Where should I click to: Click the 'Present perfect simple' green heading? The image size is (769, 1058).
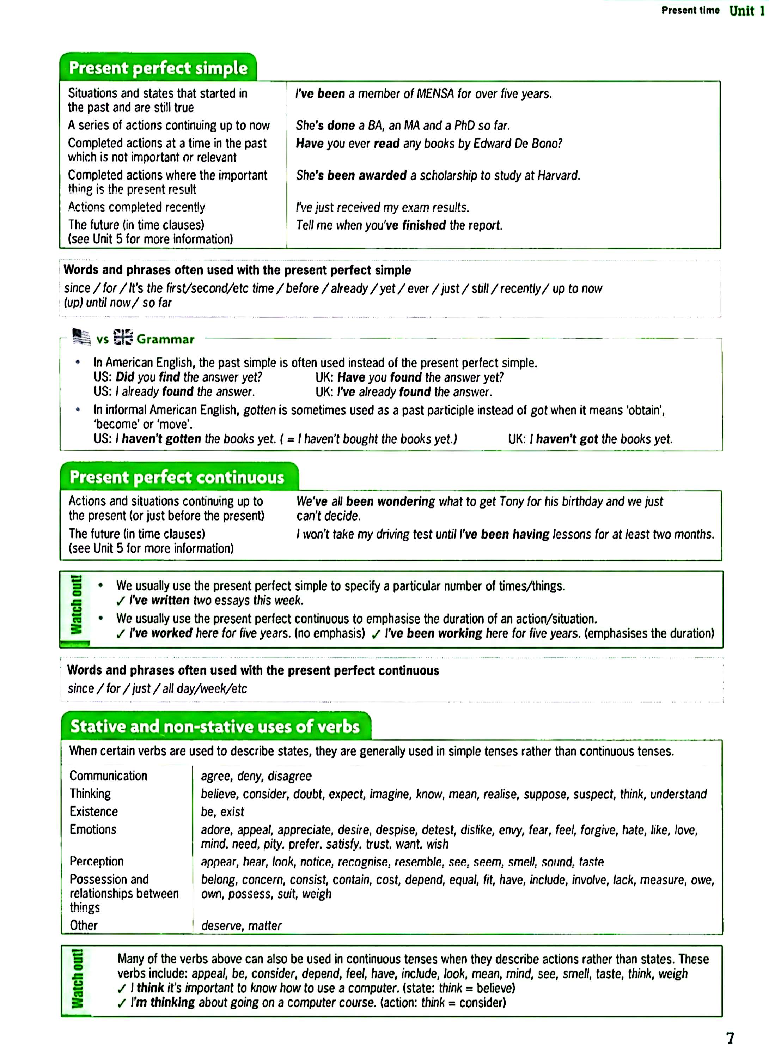pos(158,68)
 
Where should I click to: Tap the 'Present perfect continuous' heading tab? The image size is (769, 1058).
pos(177,477)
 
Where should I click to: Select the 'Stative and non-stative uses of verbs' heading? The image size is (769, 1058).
pos(215,726)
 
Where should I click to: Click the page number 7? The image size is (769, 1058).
pos(730,1038)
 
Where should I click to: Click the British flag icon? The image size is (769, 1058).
pos(123,337)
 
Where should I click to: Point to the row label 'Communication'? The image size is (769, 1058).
pos(108,776)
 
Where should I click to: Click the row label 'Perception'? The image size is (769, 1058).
pos(97,861)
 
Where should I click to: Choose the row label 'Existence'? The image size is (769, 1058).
pos(93,812)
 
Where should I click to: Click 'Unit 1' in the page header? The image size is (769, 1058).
pos(747,11)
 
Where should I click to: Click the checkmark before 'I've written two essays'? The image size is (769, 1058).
pos(121,601)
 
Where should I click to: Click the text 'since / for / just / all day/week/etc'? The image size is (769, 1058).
pos(157,688)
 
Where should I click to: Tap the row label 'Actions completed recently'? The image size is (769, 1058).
pos(136,207)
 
